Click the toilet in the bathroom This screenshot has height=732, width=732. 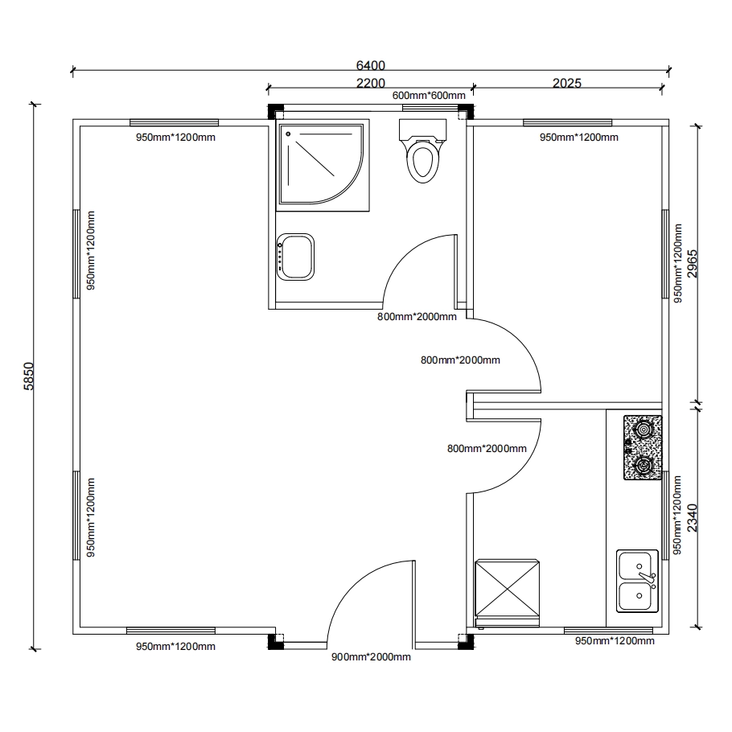point(423,150)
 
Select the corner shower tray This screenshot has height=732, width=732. point(323,165)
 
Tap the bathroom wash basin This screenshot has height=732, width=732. point(295,257)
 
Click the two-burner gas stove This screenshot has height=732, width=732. point(643,448)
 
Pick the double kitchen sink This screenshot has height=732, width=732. point(638,582)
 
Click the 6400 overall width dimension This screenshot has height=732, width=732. point(371,65)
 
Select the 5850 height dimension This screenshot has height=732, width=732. point(29,376)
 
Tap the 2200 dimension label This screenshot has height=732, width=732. point(371,83)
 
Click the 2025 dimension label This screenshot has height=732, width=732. point(567,83)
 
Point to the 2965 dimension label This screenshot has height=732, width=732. point(693,264)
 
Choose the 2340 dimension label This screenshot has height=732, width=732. point(693,518)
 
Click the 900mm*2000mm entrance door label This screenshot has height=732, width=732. point(371,657)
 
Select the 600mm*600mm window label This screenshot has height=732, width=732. point(429,95)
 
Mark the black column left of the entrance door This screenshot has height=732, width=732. point(275,642)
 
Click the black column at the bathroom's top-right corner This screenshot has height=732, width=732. point(466,112)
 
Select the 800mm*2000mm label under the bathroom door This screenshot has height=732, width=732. point(417,316)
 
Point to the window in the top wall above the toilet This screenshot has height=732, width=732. point(430,108)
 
